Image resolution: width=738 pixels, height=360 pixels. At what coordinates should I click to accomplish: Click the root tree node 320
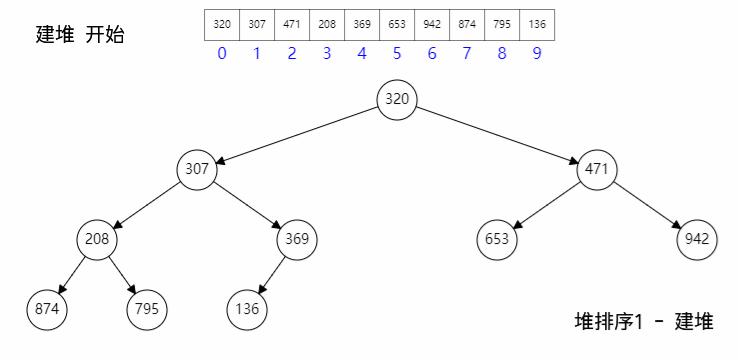[x=397, y=99]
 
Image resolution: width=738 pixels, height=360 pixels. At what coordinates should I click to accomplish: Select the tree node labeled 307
[x=197, y=169]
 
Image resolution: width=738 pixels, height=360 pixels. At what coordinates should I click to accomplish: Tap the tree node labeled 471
[x=597, y=169]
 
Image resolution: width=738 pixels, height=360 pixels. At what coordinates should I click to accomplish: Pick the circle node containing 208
[x=97, y=239]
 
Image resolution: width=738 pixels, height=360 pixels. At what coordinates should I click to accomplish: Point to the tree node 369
[x=297, y=239]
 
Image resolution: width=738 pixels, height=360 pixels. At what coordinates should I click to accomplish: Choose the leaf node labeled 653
[x=497, y=239]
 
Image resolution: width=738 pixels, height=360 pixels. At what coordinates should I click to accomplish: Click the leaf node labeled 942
[x=696, y=239]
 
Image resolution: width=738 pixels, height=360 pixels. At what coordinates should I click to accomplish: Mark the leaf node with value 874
[x=47, y=309]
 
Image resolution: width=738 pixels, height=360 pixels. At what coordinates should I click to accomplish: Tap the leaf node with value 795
[x=147, y=309]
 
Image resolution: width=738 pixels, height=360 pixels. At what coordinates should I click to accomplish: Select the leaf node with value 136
[x=247, y=309]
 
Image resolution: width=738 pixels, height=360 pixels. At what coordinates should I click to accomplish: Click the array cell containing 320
[x=222, y=24]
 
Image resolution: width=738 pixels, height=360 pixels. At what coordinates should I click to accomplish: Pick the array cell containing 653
[x=397, y=24]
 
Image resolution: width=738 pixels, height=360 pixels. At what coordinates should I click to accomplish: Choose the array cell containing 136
[x=537, y=24]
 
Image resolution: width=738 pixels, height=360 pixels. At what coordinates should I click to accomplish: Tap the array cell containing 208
[x=327, y=24]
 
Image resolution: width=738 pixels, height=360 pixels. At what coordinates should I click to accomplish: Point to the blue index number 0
[x=222, y=54]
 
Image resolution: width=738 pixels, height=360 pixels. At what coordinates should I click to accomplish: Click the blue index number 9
[x=537, y=54]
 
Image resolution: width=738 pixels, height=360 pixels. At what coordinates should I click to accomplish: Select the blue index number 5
[x=397, y=54]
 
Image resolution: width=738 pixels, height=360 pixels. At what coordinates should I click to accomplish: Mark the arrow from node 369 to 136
[x=272, y=274]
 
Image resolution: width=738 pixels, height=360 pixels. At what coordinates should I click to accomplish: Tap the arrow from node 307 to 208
[x=147, y=204]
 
